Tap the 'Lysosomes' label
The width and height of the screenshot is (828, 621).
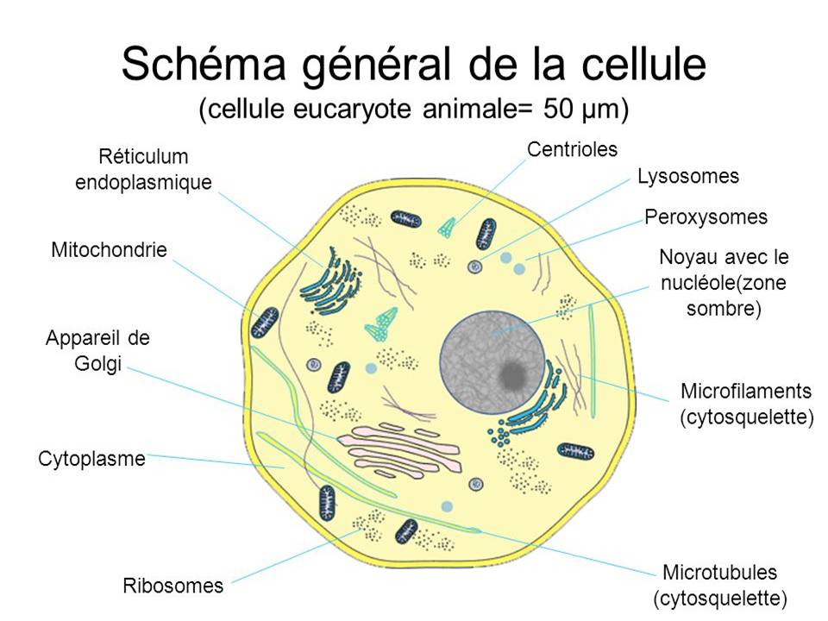(688, 177)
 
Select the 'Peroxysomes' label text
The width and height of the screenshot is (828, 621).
(706, 216)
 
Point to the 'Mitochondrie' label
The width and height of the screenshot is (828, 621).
(109, 251)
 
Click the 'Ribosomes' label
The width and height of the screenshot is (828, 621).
(172, 586)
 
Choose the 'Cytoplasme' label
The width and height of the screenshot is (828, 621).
(91, 459)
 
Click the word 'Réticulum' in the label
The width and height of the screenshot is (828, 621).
(143, 157)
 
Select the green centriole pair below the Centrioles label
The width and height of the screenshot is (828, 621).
(446, 226)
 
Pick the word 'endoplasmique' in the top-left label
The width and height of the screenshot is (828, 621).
(143, 183)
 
